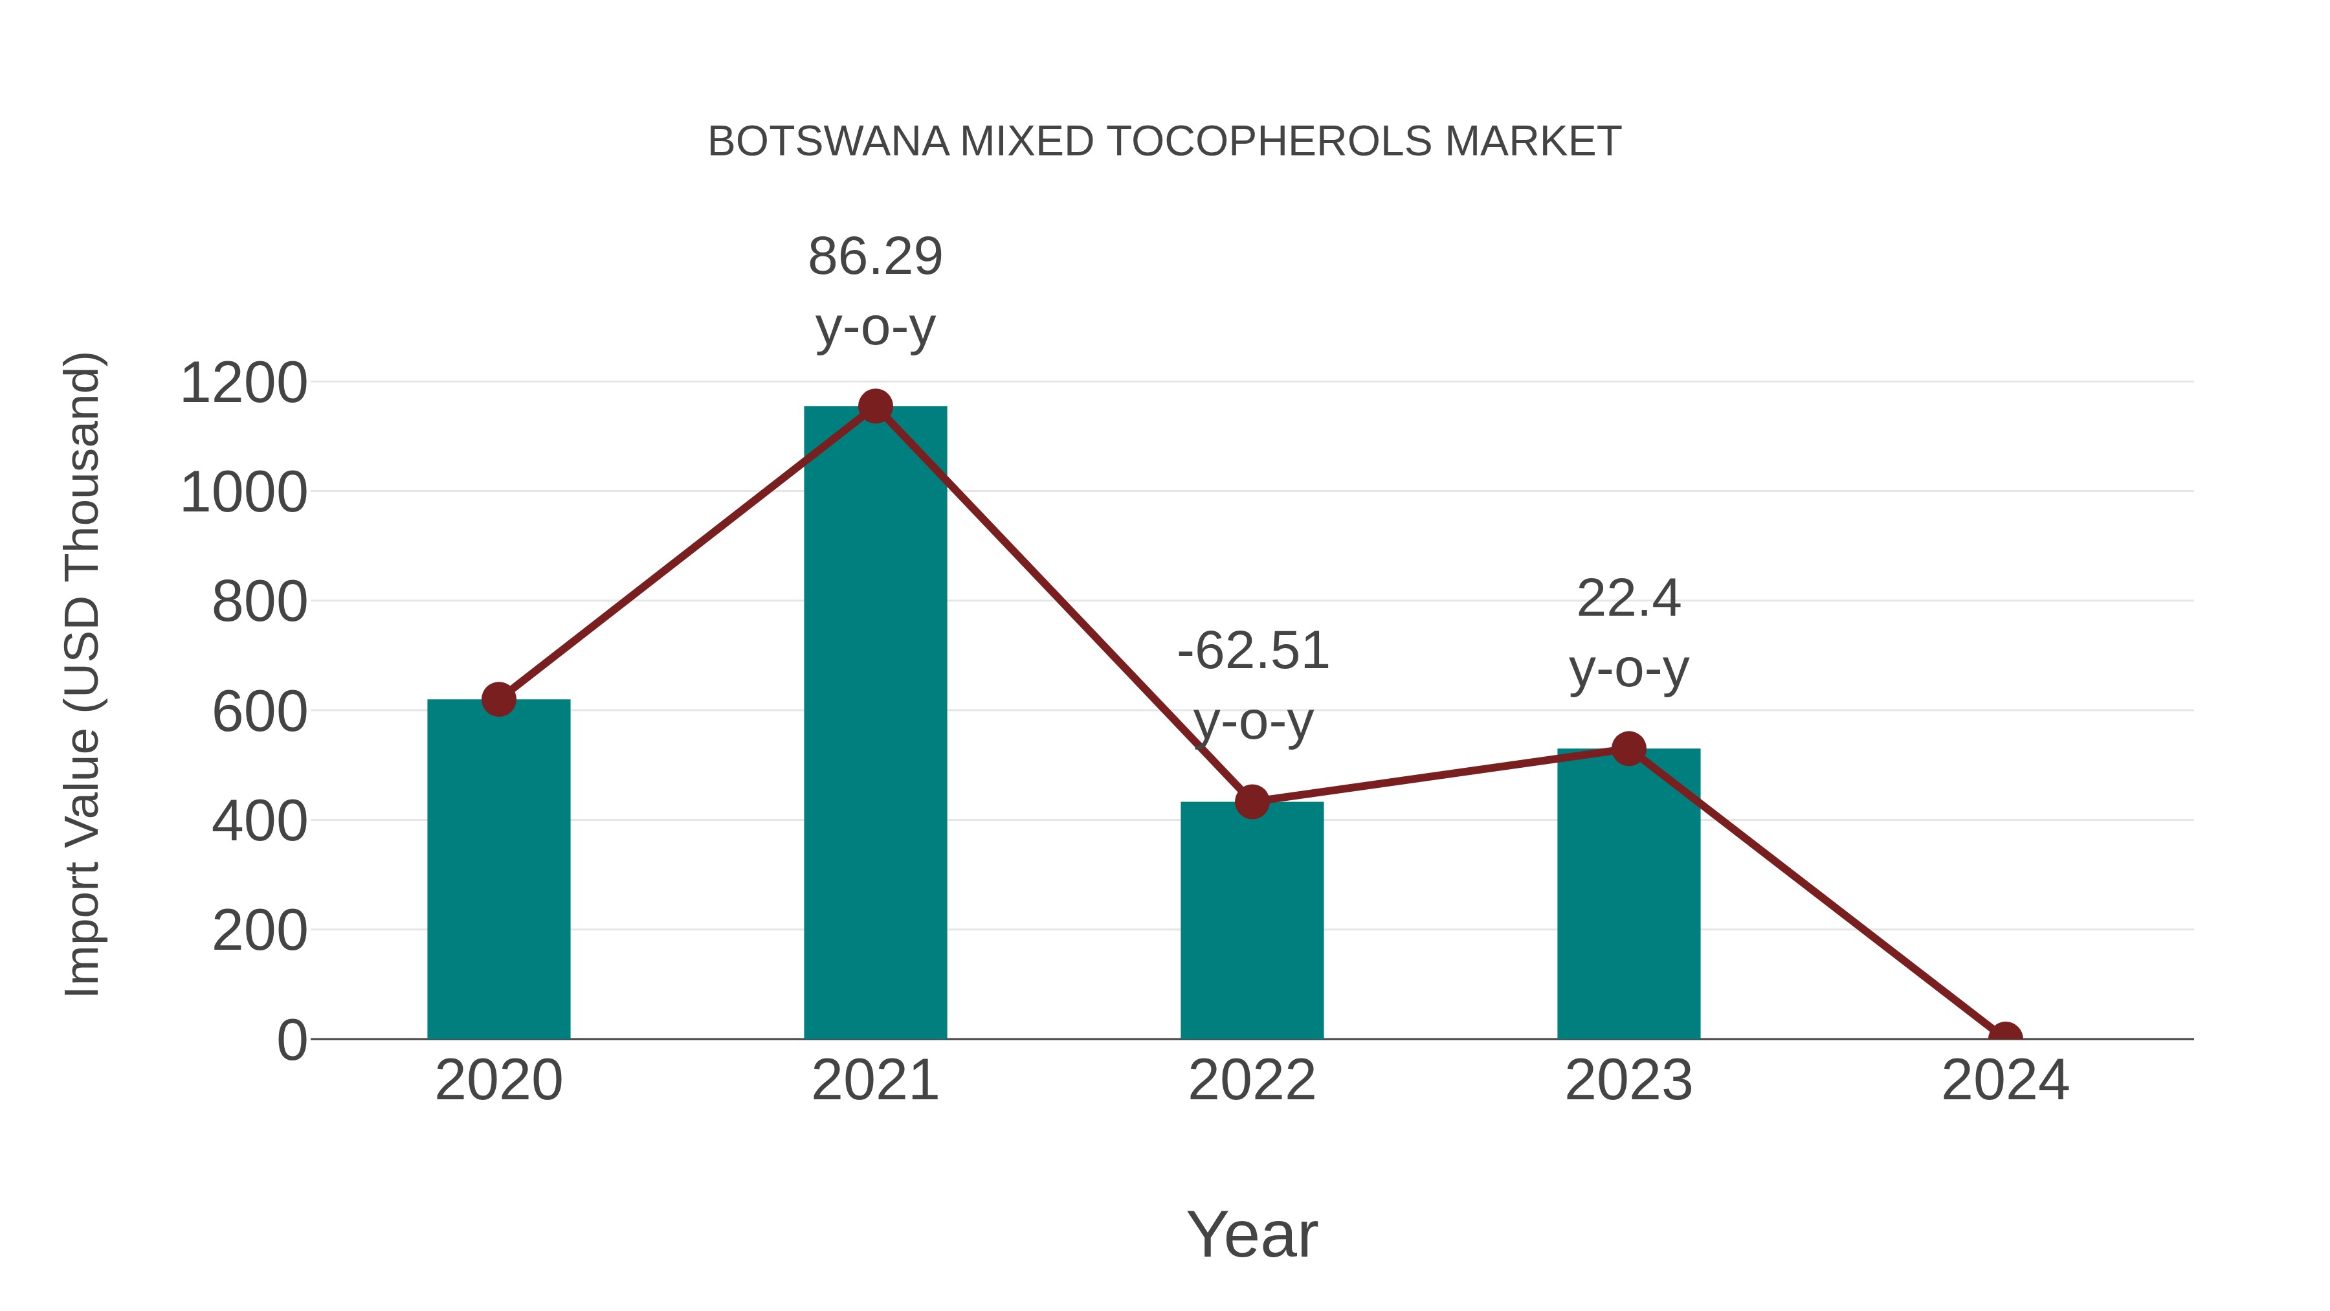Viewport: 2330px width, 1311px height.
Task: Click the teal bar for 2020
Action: (x=498, y=869)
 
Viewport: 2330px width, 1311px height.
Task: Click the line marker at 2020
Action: (x=498, y=699)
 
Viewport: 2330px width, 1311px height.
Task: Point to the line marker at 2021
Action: (x=874, y=406)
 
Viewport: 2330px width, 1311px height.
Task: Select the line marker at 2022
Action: (x=1252, y=801)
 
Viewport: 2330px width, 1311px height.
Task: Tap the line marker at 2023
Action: (x=1628, y=749)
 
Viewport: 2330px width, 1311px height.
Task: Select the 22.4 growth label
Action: (x=1628, y=599)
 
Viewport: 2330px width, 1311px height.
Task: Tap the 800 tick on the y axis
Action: (x=259, y=601)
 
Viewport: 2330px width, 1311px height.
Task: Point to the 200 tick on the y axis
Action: (x=259, y=930)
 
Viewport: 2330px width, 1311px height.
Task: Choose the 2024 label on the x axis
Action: (x=2004, y=1081)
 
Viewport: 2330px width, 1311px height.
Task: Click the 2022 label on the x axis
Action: (x=1252, y=1081)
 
